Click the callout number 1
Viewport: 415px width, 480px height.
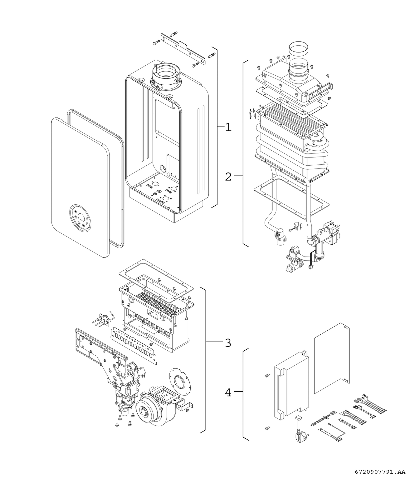228,127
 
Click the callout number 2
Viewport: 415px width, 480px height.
228,177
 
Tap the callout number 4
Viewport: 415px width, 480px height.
228,392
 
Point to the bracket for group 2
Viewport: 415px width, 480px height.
245,153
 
